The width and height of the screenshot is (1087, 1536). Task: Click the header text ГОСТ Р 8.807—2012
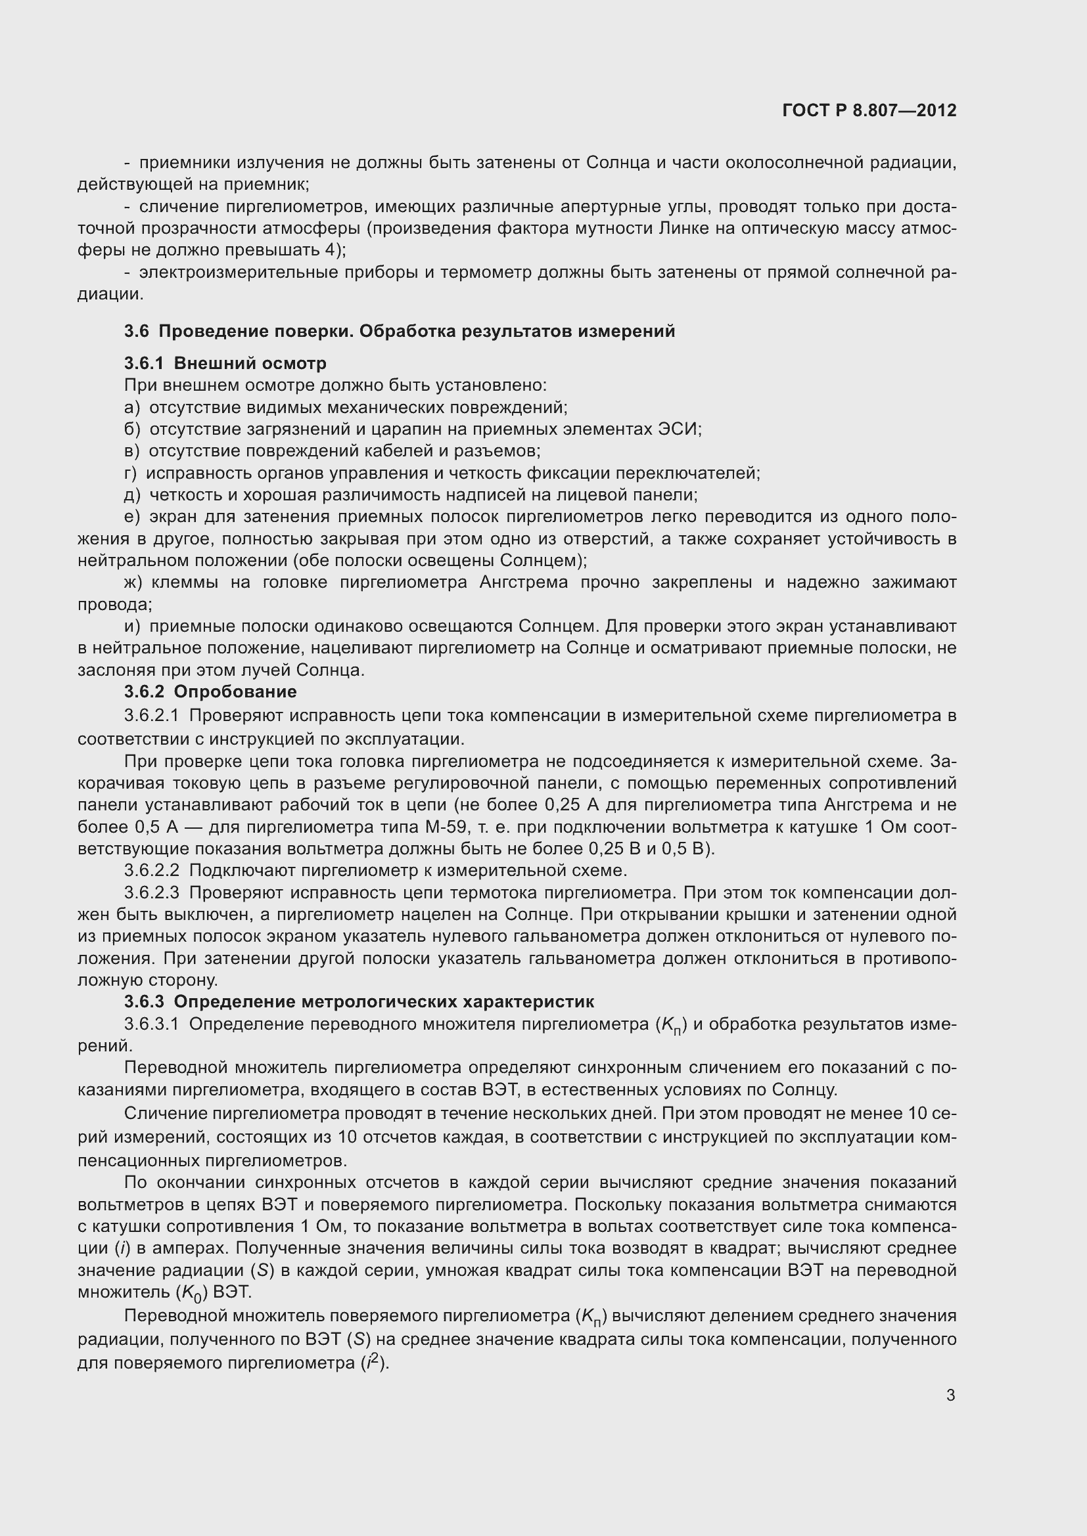pos(869,110)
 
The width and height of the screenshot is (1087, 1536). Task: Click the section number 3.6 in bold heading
pos(137,331)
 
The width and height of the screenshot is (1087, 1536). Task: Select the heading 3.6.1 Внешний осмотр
pos(225,363)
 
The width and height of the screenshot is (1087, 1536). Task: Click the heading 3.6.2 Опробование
pos(210,691)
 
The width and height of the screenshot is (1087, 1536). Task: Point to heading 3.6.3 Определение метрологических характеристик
pos(359,1001)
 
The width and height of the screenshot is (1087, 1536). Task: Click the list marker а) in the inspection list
pos(132,407)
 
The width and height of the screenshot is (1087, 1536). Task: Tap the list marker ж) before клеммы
pos(133,582)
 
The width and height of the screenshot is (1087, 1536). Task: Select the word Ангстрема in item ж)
pos(523,582)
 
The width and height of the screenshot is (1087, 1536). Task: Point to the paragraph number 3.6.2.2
pos(151,870)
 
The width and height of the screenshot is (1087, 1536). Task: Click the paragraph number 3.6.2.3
pos(151,892)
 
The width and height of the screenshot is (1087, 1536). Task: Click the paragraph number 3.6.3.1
pos(151,1024)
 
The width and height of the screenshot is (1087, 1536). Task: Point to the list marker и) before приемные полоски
pos(132,626)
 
